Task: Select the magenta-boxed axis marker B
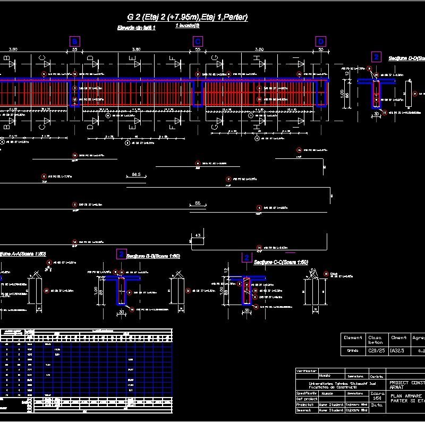(x=75, y=41)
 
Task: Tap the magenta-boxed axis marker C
(x=198, y=41)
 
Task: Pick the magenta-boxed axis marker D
(x=321, y=41)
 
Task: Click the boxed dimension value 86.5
(x=136, y=174)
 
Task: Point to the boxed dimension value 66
(x=198, y=204)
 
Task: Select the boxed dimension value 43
(x=198, y=234)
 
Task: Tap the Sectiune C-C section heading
(x=280, y=262)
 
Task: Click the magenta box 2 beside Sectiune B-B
(x=122, y=254)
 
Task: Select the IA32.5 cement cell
(x=398, y=351)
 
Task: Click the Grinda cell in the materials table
(x=353, y=351)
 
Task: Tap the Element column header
(x=353, y=337)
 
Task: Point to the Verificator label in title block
(x=307, y=370)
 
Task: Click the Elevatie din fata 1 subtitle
(x=136, y=28)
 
